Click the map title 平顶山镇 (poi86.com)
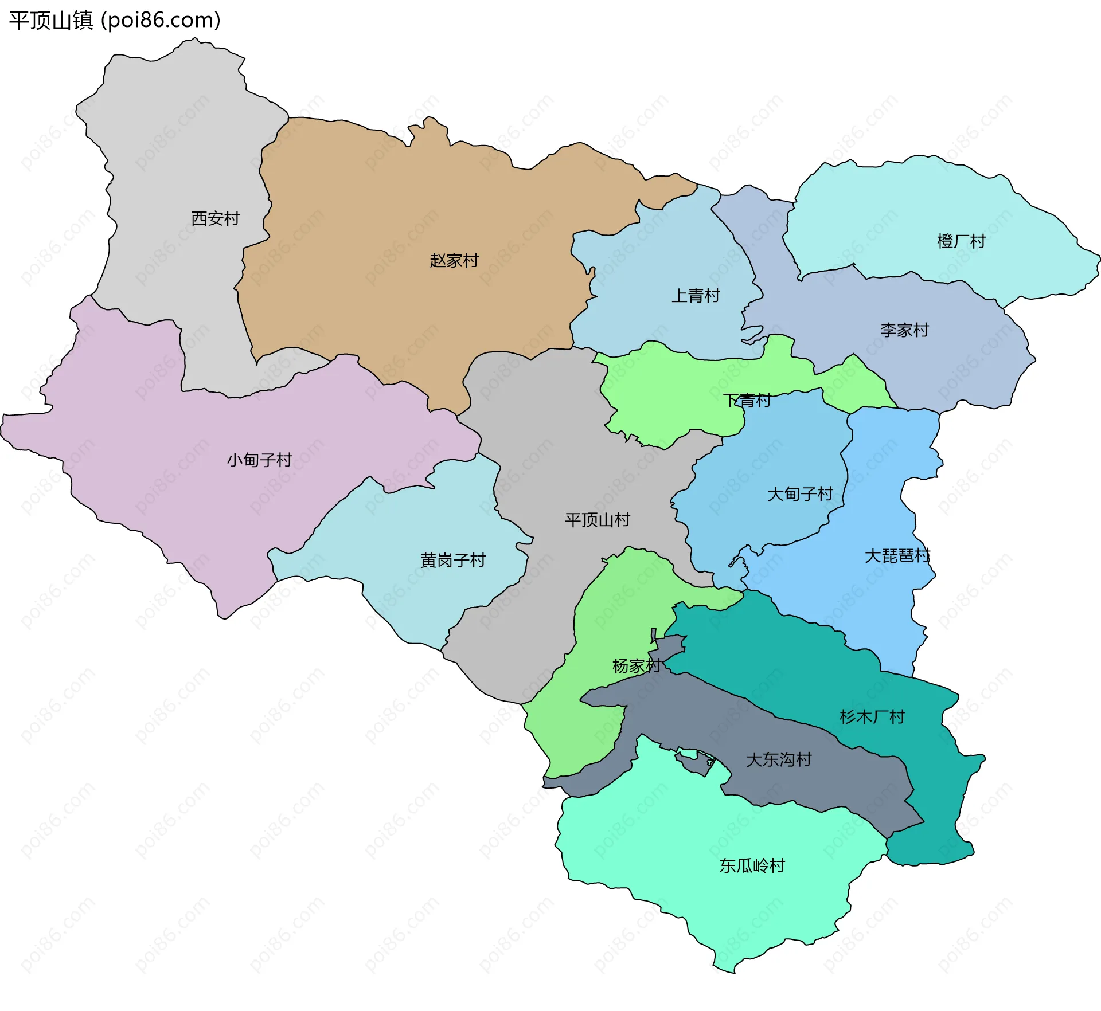point(115,21)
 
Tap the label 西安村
point(215,218)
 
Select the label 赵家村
point(454,261)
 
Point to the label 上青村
point(696,296)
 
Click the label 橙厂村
point(961,241)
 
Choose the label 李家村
point(904,330)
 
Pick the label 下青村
point(747,400)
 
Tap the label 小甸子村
point(259,460)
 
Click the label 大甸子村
point(800,494)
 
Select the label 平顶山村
point(598,520)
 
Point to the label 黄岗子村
point(453,560)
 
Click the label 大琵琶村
point(897,555)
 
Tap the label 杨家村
point(637,666)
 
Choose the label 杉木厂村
point(872,717)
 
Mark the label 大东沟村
point(779,760)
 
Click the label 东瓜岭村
point(752,865)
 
